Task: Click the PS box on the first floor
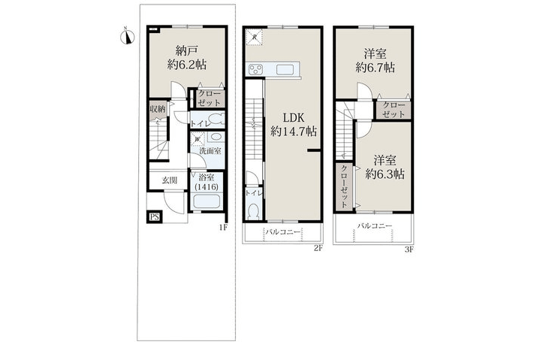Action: click(x=155, y=217)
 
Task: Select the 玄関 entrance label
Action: click(x=169, y=180)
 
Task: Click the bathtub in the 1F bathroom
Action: click(x=206, y=202)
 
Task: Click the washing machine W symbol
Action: click(x=197, y=139)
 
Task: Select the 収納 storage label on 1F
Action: click(x=157, y=110)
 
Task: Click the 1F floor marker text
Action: click(x=222, y=227)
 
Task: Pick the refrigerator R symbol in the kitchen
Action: click(x=255, y=37)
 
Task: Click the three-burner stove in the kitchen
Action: click(x=255, y=70)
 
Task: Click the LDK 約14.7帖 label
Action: click(x=293, y=125)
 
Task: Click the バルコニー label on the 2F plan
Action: click(x=283, y=232)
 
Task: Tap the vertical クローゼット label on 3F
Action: click(x=344, y=186)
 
